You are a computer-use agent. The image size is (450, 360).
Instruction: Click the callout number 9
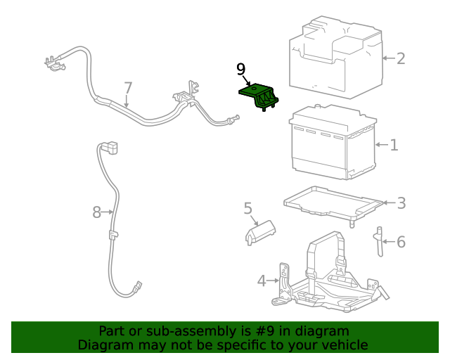pos(241,69)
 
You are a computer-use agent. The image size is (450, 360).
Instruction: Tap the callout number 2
pos(401,58)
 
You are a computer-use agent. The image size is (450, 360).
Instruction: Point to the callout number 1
pos(394,146)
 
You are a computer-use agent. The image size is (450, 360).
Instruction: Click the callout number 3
pos(401,203)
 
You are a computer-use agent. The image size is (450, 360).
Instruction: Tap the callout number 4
pos(262,281)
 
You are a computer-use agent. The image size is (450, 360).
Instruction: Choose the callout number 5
pos(247,208)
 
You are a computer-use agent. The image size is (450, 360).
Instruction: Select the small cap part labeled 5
pos(259,232)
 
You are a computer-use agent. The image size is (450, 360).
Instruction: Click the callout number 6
pos(401,243)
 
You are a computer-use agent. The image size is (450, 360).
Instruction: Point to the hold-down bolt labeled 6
pos(378,243)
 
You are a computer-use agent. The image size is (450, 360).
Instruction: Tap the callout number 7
pos(128,88)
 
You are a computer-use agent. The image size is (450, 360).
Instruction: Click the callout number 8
pos(96,211)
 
